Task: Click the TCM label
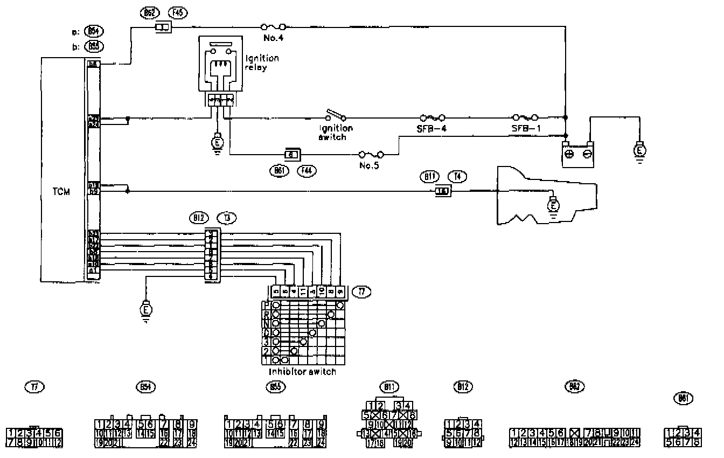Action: tap(62, 192)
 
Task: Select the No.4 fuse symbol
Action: tap(273, 26)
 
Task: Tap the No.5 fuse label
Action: tap(369, 166)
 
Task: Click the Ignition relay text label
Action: tap(262, 63)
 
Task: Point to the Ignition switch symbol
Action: tap(336, 115)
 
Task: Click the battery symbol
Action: tap(578, 154)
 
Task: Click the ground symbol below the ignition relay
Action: tap(217, 143)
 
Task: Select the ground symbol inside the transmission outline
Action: tap(552, 206)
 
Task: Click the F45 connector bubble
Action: tap(177, 12)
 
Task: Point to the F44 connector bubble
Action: tap(307, 170)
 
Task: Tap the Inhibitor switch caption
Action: tap(302, 372)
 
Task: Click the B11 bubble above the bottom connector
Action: tap(388, 386)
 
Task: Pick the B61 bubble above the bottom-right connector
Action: tap(683, 398)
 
